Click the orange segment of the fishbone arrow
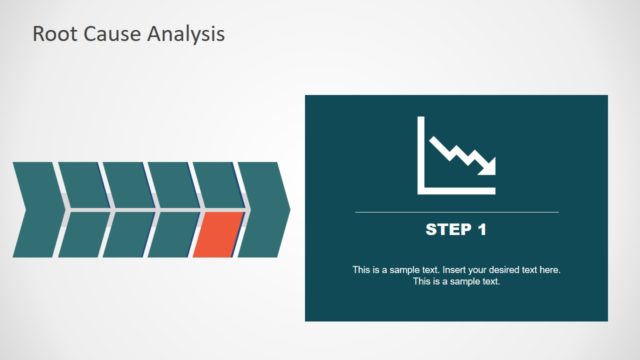pyautogui.click(x=218, y=235)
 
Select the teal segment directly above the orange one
pyautogui.click(x=216, y=185)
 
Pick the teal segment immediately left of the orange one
pyautogui.click(x=174, y=235)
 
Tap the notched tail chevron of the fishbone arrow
pyautogui.click(x=36, y=210)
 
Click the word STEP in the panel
pyautogui.click(x=447, y=230)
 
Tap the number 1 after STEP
pyautogui.click(x=481, y=230)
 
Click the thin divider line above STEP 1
pyautogui.click(x=456, y=212)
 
